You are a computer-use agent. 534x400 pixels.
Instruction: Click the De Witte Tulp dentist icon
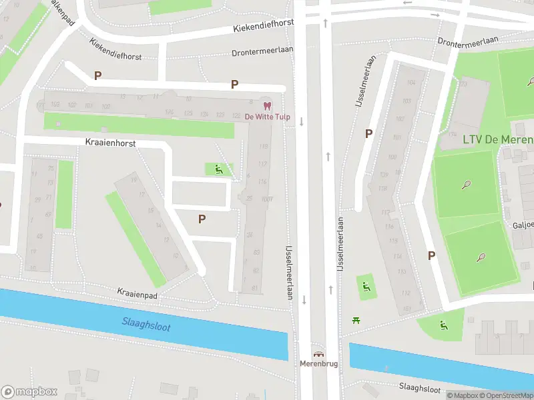[x=267, y=106]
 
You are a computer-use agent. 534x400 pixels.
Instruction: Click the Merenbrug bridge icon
[x=318, y=355]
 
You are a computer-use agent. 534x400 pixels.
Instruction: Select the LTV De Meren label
[x=498, y=139]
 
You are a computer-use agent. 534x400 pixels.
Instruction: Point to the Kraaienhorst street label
[x=111, y=143]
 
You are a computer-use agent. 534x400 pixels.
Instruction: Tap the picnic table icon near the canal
[x=356, y=321]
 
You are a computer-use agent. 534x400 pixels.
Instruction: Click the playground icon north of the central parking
[x=218, y=170]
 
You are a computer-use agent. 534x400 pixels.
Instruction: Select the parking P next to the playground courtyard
[x=202, y=218]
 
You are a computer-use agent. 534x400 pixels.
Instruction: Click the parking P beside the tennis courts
[x=431, y=255]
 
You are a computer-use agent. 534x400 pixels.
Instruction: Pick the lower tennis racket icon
[x=481, y=257]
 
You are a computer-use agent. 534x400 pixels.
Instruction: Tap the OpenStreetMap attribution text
[x=505, y=396]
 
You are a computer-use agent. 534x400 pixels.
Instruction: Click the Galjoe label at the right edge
[x=523, y=225]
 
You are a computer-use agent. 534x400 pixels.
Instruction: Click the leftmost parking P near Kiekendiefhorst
[x=97, y=76]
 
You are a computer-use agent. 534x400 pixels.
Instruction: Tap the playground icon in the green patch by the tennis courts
[x=443, y=325]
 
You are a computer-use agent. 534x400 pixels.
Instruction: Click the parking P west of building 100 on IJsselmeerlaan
[x=368, y=133]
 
